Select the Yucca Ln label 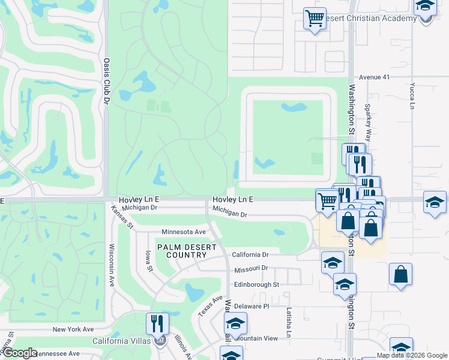click(412, 96)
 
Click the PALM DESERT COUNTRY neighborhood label click(185, 251)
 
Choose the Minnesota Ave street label click(184, 232)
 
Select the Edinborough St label click(257, 284)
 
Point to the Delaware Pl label click(252, 306)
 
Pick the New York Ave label click(73, 329)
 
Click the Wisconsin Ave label click(112, 264)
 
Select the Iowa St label click(149, 261)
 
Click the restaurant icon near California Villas click(157, 323)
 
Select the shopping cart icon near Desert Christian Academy click(315, 19)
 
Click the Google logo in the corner click(20, 353)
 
